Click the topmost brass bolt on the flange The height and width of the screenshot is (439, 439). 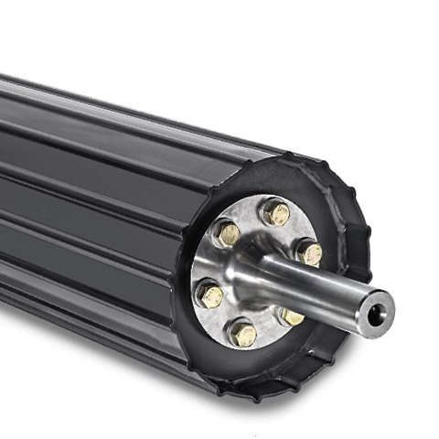[274, 212]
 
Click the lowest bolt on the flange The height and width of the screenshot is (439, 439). [242, 333]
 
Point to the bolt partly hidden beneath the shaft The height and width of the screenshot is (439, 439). [292, 316]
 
